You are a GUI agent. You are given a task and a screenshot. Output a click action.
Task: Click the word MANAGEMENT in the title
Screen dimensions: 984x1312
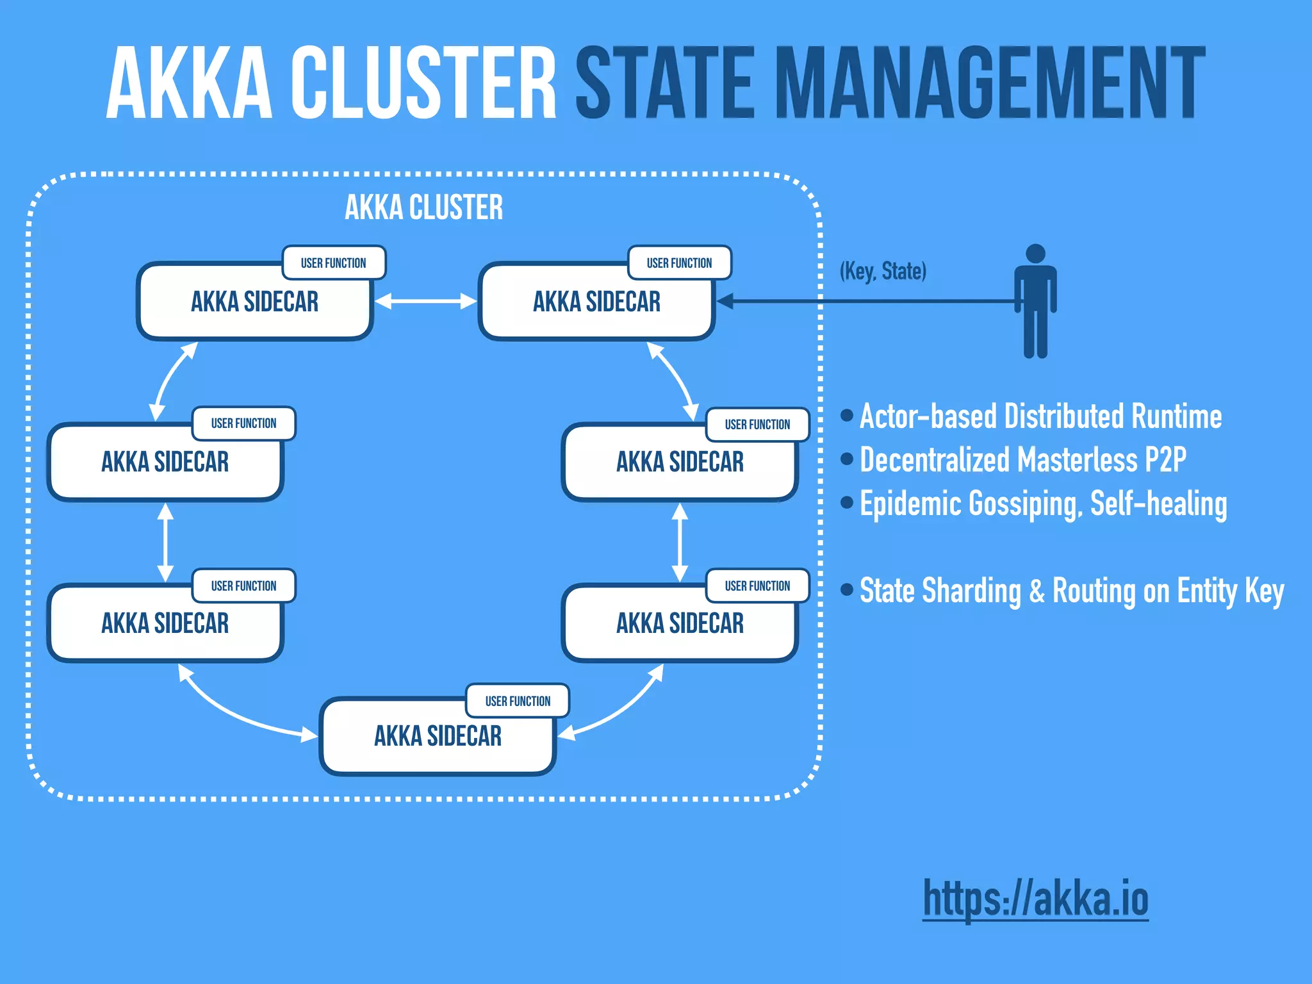990,83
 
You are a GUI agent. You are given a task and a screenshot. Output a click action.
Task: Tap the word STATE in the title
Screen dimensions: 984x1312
666,83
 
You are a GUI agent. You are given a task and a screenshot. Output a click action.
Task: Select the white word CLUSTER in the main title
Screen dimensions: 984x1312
423,83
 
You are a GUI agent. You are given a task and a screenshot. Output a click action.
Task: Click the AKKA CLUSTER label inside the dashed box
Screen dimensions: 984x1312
423,208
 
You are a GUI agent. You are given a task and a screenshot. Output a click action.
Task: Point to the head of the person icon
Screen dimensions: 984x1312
1035,254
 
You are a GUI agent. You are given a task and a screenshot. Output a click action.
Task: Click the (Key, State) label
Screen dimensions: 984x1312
883,271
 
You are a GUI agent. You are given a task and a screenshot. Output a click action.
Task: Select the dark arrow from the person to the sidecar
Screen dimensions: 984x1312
865,301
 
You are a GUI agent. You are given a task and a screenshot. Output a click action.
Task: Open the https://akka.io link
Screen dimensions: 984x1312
1035,898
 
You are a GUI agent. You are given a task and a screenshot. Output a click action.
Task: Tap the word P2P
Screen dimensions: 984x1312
1165,460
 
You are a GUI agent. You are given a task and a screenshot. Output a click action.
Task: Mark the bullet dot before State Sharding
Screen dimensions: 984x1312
847,589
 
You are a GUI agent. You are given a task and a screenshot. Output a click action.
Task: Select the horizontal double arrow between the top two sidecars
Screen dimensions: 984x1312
425,301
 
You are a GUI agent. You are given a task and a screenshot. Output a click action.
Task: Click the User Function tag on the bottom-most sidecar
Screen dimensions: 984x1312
518,701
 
